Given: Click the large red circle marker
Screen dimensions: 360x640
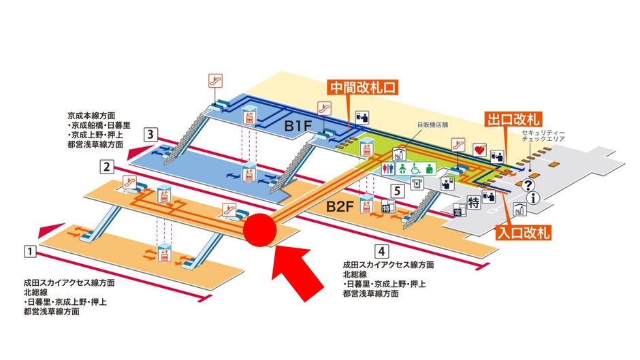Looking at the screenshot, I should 259,227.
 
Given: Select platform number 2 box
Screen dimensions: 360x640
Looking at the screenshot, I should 106,166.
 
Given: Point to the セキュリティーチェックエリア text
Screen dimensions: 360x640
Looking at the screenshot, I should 543,135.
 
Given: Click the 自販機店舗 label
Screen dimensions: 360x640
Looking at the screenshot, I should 430,126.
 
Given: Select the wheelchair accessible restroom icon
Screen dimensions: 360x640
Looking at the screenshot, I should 415,168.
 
